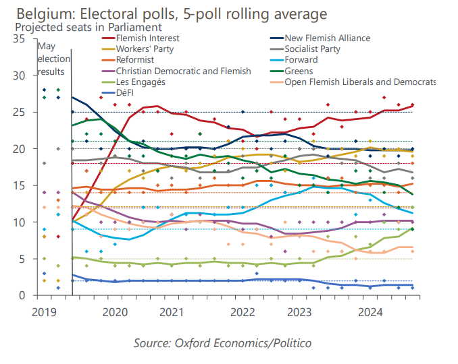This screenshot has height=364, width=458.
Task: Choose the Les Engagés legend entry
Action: [x=140, y=82]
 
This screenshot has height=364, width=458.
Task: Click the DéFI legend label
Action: [x=126, y=92]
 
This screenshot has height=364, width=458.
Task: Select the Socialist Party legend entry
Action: [x=312, y=49]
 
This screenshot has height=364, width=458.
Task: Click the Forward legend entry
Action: [x=301, y=60]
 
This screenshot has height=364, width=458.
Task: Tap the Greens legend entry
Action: [x=299, y=71]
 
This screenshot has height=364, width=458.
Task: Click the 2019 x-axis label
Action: [x=44, y=312]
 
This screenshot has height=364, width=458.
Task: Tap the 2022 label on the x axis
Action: [x=243, y=312]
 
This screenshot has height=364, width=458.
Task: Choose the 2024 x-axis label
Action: [x=370, y=312]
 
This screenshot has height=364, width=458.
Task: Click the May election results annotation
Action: [x=52, y=59]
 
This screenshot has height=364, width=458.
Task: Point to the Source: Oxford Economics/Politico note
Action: [x=222, y=343]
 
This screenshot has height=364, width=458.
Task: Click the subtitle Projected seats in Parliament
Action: [x=88, y=28]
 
